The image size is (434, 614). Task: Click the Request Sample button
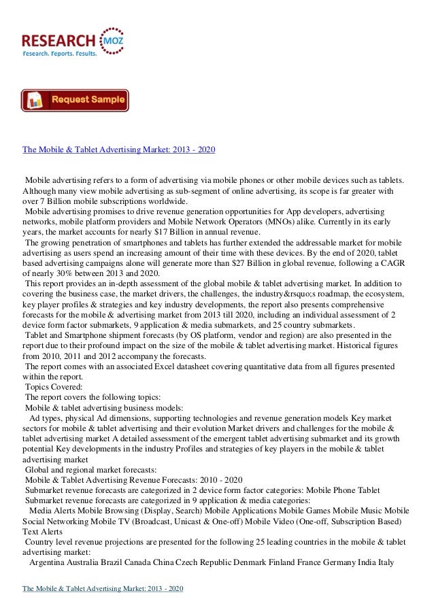pyautogui.click(x=74, y=100)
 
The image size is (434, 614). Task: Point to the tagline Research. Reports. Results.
pyautogui.click(x=60, y=53)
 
